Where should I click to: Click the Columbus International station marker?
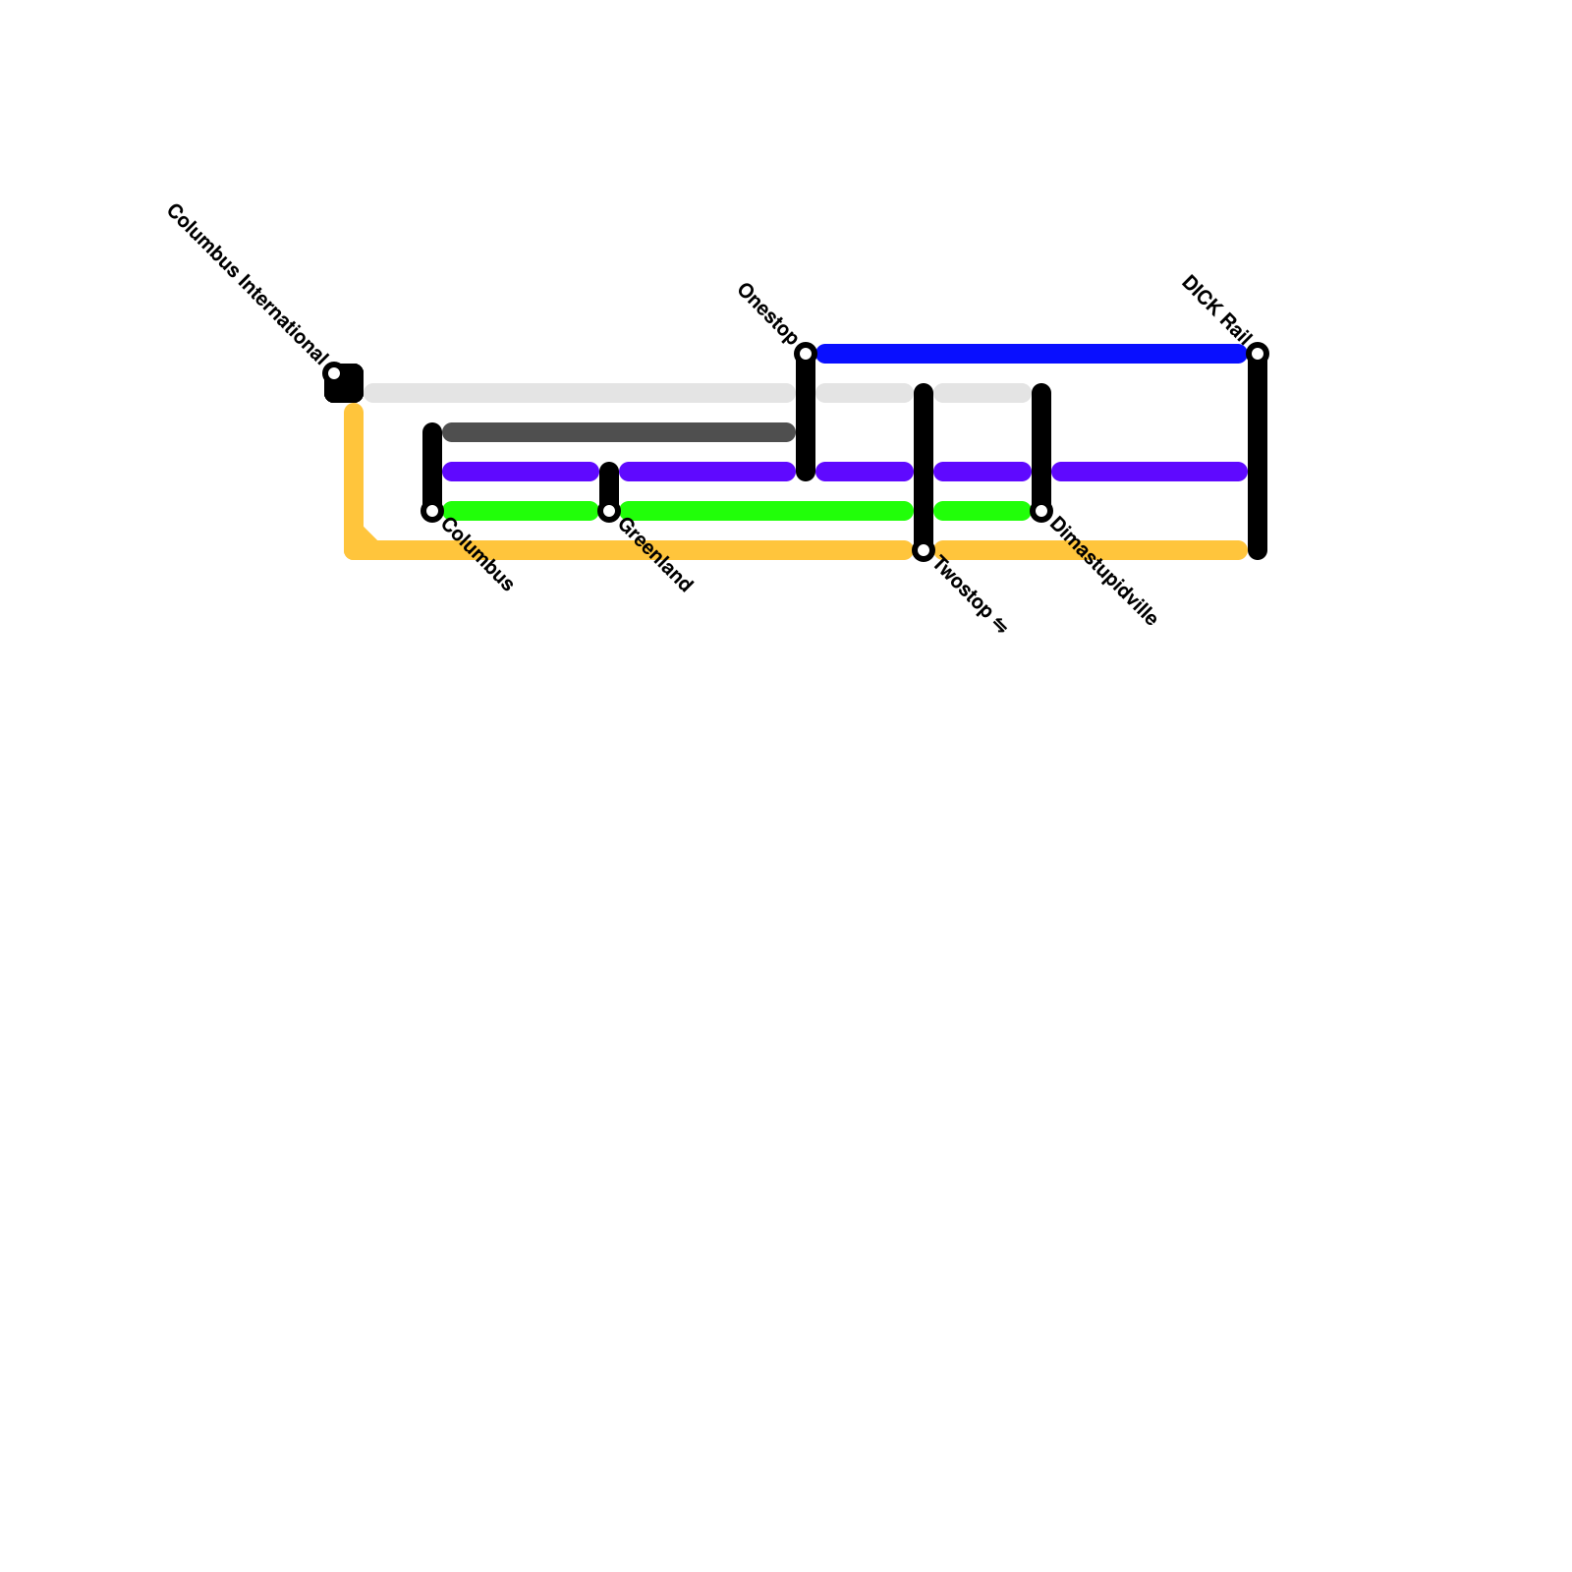334,373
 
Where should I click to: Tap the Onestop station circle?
806,354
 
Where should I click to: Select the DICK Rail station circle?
1258,354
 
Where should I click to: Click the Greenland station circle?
609,511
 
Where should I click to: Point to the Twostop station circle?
924,551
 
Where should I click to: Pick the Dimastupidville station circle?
1041,511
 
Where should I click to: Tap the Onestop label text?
767,313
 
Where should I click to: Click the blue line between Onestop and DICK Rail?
1032,354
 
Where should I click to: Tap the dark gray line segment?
619,432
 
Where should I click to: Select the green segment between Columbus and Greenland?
521,511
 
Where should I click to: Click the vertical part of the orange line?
354,472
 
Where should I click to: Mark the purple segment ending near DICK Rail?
1150,472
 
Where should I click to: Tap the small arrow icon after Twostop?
1000,625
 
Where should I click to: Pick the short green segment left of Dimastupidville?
982,511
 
